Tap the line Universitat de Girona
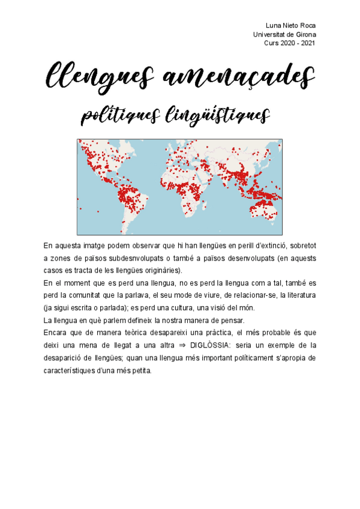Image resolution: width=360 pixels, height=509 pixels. click(x=285, y=34)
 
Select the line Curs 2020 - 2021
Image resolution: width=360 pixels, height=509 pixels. click(x=289, y=43)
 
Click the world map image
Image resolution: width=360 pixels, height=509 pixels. click(x=179, y=187)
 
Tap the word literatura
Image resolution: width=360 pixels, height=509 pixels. click(x=298, y=295)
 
